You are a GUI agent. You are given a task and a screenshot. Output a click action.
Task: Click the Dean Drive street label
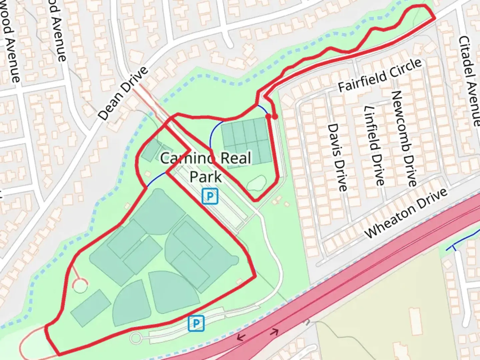point(123,94)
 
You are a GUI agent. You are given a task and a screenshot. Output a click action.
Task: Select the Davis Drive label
point(337,157)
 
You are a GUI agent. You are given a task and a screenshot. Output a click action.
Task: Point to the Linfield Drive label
point(374,146)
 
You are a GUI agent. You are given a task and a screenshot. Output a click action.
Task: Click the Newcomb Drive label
point(404,138)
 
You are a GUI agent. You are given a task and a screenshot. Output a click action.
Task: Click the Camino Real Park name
point(206,167)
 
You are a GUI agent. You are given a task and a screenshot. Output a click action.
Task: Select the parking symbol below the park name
point(210,196)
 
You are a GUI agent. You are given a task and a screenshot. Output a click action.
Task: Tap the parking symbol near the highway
point(196,323)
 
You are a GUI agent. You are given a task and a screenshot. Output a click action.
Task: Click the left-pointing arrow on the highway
point(240,337)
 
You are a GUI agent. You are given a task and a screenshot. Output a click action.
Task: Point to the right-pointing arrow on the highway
point(275,332)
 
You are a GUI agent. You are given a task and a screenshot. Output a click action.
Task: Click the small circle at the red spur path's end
point(80,286)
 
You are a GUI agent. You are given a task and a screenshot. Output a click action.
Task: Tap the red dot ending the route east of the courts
point(275,117)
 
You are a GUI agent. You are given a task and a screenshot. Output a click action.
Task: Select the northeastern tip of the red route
point(434,17)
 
